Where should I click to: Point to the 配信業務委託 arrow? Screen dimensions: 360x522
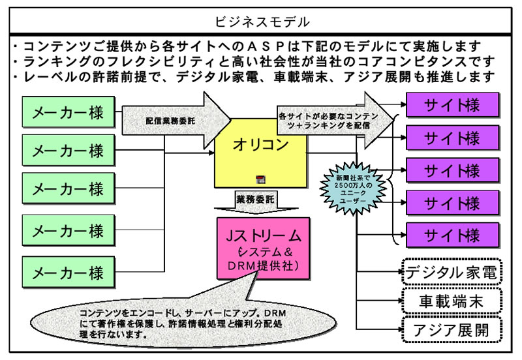click(x=173, y=120)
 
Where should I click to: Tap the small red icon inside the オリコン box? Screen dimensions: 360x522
click(x=259, y=179)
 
